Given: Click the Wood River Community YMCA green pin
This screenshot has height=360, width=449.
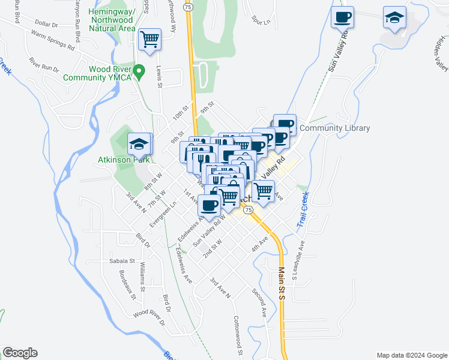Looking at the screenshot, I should click(139, 73).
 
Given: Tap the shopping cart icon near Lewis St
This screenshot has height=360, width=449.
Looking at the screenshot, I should click(149, 40).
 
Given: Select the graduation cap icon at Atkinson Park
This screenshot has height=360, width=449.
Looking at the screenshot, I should click(139, 144).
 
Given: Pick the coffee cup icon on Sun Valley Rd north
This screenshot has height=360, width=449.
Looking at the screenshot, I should click(343, 17).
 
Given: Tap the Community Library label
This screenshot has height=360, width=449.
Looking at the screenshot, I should click(334, 128).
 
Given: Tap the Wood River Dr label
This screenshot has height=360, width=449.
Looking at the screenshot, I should click(148, 313).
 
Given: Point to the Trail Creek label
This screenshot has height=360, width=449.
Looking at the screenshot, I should click(302, 209).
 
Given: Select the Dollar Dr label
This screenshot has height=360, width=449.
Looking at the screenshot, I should click(46, 25).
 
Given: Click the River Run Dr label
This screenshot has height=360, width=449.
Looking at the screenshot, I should click(44, 64).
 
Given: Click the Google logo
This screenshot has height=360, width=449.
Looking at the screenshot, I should click(20, 353).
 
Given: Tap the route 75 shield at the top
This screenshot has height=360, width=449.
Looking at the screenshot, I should click(188, 7).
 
